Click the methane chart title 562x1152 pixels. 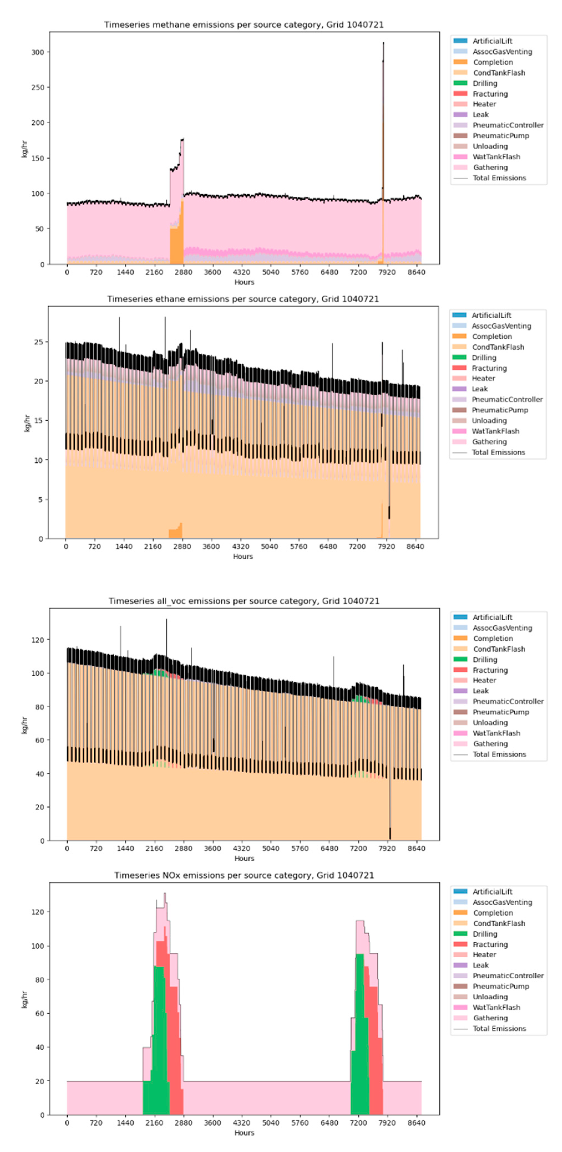click(244, 25)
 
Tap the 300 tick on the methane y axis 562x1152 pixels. click(38, 52)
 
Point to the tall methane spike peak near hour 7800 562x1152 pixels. click(383, 44)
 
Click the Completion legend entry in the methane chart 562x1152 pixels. click(493, 62)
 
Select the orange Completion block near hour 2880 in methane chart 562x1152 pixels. click(176, 244)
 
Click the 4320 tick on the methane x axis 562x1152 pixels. click(241, 272)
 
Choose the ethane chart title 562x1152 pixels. click(243, 299)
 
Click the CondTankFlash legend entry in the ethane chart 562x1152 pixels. click(498, 347)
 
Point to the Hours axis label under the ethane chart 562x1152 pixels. click(243, 556)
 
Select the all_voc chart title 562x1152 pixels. click(244, 601)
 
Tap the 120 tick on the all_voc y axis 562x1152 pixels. click(38, 640)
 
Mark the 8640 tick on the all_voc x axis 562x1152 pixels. click(416, 848)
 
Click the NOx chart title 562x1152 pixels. click(244, 875)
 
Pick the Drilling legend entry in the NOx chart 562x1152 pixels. click(485, 934)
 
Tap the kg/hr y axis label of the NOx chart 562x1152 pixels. click(25, 999)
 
